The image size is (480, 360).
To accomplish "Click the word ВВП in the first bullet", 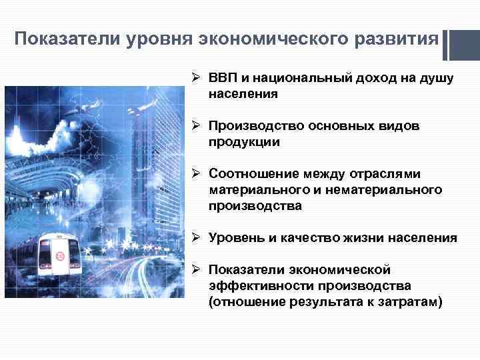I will point(222,79).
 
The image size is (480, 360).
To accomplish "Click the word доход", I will point(374,79).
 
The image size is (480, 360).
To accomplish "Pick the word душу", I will point(437,79).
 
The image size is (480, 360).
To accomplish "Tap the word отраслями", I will point(383,174).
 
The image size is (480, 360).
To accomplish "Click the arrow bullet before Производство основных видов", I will point(198,126).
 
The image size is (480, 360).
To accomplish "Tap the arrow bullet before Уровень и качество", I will point(198,237).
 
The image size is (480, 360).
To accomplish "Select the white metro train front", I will point(57,257).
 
